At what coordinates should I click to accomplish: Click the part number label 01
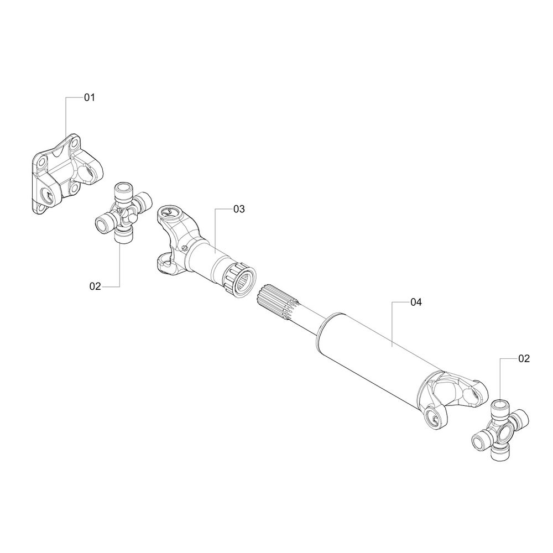(90, 97)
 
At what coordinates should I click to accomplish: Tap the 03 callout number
(239, 209)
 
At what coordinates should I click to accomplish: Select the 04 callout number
(416, 302)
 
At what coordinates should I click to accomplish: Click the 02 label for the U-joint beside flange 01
(95, 286)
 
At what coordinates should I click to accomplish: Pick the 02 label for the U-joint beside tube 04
(524, 358)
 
